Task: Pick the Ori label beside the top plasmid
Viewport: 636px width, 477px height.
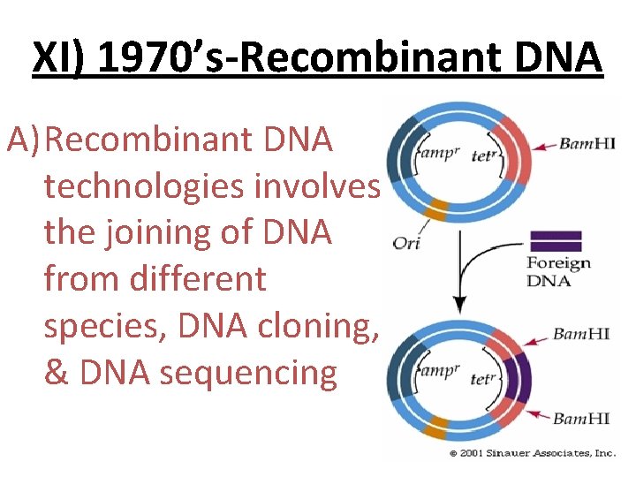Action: (x=406, y=243)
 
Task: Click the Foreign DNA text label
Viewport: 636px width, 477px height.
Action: (x=558, y=271)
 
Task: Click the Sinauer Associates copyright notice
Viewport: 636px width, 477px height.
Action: (x=532, y=453)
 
